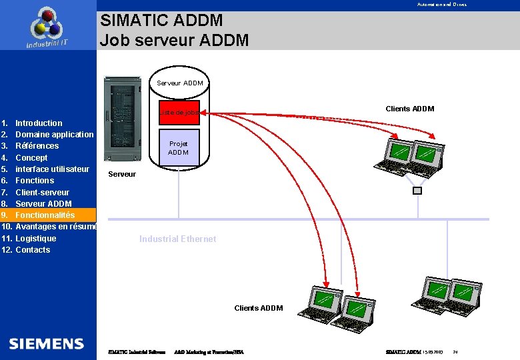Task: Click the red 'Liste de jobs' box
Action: (179, 113)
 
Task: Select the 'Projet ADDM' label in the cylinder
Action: (179, 148)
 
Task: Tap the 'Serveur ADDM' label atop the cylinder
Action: (179, 83)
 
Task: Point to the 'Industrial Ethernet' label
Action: (177, 239)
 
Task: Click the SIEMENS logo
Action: (47, 344)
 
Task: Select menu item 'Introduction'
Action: (39, 123)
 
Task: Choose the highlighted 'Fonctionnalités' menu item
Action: (45, 215)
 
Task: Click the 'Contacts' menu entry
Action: (33, 250)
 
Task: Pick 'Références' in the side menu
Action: (37, 146)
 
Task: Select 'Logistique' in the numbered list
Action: (36, 239)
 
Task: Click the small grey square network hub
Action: (417, 191)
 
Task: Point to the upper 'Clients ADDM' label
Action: (409, 109)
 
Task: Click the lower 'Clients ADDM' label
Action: (259, 308)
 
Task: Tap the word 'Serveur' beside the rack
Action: (121, 175)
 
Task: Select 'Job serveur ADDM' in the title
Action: (175, 41)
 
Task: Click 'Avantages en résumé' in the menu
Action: (56, 227)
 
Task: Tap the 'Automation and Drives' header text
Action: (442, 5)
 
